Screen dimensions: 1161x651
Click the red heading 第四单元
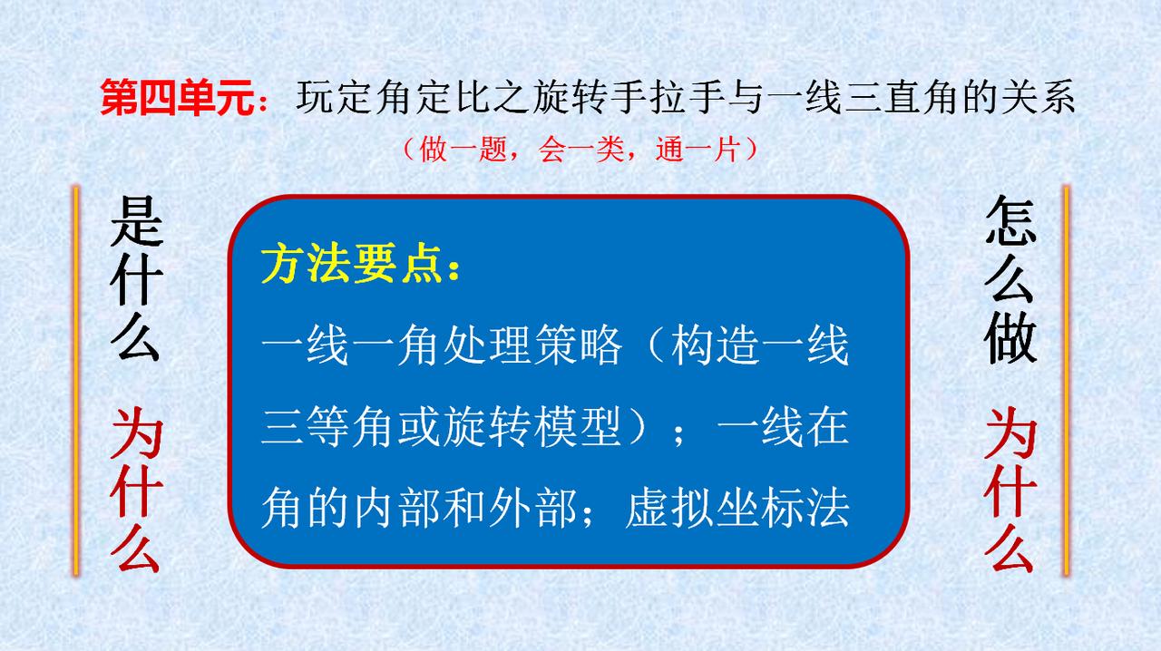[177, 97]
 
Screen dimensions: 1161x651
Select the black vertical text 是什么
[136, 278]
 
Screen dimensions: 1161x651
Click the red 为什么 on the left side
[136, 490]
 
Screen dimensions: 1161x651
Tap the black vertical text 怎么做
[1010, 279]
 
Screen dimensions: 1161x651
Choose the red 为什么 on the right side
[1010, 490]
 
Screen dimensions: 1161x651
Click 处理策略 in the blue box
[532, 345]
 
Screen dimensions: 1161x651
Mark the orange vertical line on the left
[76, 381]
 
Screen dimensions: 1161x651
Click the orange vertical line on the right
[1066, 381]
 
